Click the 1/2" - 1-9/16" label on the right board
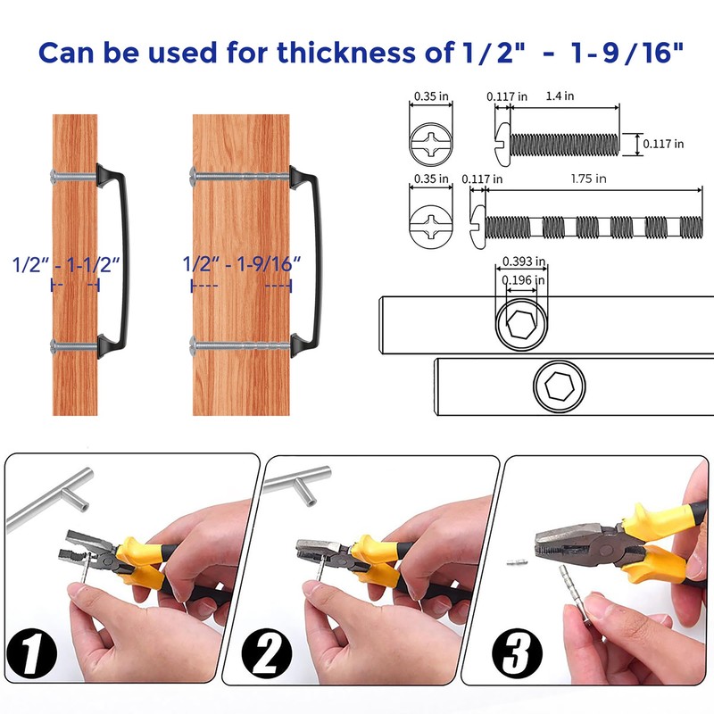click(241, 264)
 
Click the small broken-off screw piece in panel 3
click(514, 563)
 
